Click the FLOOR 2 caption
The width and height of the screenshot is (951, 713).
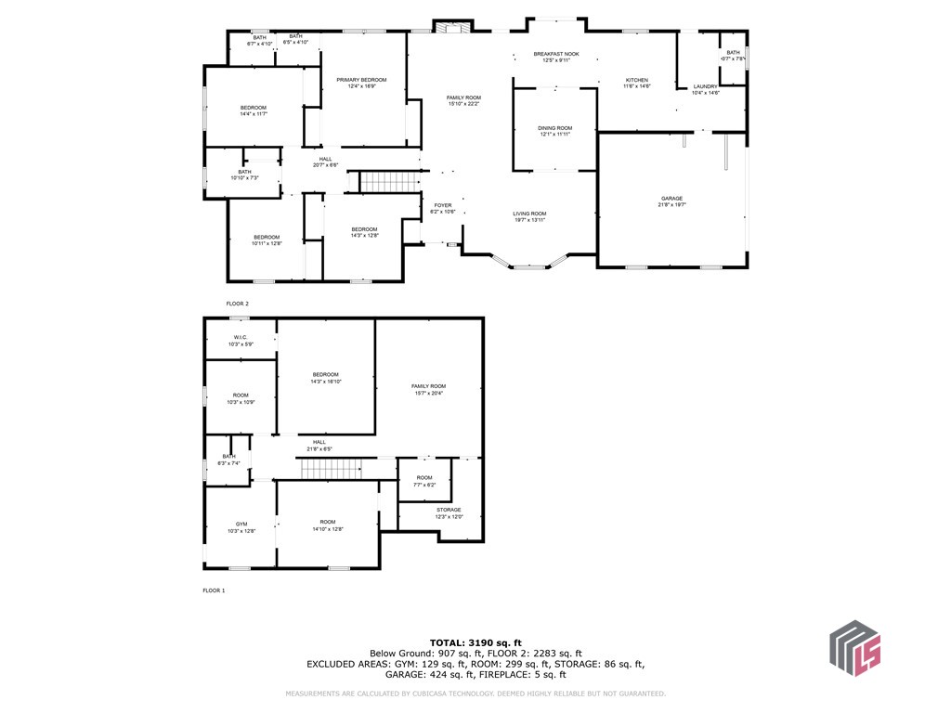pyautogui.click(x=238, y=304)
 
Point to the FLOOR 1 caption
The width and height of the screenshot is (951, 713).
pyautogui.click(x=214, y=590)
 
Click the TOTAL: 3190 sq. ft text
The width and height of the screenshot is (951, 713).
pyautogui.click(x=475, y=642)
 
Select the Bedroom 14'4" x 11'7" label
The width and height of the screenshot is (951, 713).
pyautogui.click(x=254, y=110)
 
